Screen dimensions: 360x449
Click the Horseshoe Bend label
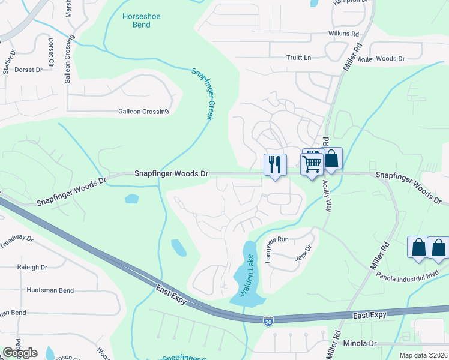(141, 21)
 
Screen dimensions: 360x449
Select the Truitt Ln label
(299, 58)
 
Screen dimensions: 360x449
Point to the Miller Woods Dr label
(381, 59)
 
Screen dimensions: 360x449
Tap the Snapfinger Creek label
(203, 93)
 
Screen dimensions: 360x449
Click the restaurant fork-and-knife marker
(275, 164)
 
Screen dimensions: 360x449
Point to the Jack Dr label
(304, 253)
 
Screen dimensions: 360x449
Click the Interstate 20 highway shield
(268, 322)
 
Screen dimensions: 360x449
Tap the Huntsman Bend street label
(50, 290)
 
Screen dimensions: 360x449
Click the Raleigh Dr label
(32, 268)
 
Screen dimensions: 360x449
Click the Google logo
(20, 352)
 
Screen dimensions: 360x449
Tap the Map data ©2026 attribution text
(423, 355)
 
